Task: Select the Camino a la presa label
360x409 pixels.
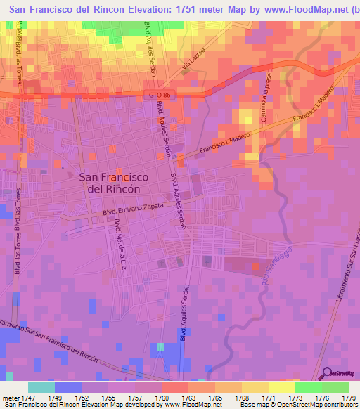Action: tap(266, 101)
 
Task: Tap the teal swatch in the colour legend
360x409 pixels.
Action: tap(41, 387)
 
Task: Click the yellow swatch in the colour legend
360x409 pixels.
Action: tap(281, 387)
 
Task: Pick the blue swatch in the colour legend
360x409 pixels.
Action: tap(67, 387)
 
